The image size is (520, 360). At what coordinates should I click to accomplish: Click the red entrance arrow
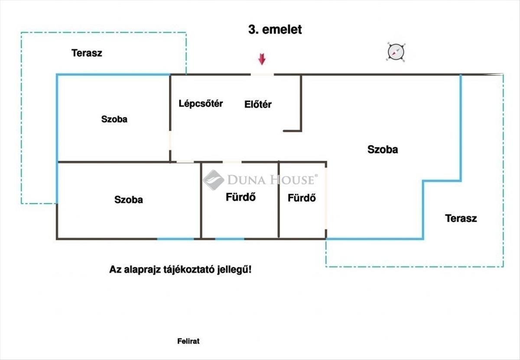[x=261, y=59]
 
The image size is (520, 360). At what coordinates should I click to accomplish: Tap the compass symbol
[x=396, y=52]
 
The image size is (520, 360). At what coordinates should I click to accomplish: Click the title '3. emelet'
[x=275, y=29]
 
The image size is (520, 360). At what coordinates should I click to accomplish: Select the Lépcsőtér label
[x=201, y=104]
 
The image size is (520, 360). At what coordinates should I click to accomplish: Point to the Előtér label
[x=258, y=104]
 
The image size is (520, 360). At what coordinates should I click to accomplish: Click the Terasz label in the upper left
[x=87, y=53]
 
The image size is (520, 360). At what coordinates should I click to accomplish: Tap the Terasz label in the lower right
[x=461, y=218]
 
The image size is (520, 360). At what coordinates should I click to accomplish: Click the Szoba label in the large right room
[x=383, y=149]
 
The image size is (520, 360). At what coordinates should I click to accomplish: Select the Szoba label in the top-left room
[x=114, y=119]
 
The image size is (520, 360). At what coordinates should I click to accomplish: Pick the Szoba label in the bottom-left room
[x=129, y=200]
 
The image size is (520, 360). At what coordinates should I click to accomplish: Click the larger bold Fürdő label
[x=240, y=197]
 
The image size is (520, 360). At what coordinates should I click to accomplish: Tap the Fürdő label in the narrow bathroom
[x=302, y=198]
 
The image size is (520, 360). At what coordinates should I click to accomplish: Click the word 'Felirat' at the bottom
[x=188, y=341]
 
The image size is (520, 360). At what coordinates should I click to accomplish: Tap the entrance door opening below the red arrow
[x=262, y=75]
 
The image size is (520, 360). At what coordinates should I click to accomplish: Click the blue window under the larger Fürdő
[x=230, y=239]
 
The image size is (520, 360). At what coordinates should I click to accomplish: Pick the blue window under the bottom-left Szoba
[x=175, y=239]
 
